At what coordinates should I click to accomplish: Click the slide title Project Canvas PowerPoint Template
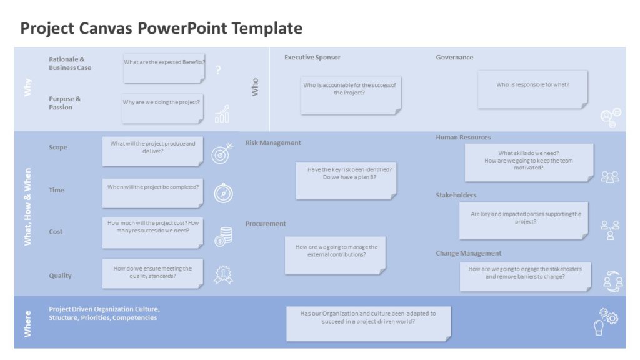(161, 28)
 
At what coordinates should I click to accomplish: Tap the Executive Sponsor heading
(312, 57)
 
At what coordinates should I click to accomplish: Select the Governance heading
(454, 57)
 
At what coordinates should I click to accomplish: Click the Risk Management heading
(273, 142)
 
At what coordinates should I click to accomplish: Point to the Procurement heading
(266, 224)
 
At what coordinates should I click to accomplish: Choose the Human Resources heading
(463, 137)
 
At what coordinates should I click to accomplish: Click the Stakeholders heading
(456, 196)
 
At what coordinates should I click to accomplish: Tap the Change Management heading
(468, 253)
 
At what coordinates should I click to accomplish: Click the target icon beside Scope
(222, 153)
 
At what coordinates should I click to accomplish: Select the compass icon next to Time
(223, 193)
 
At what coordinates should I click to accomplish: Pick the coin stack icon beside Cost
(223, 236)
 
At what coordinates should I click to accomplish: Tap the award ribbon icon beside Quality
(223, 275)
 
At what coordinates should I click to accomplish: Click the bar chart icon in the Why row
(222, 114)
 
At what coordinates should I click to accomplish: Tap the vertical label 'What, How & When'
(27, 206)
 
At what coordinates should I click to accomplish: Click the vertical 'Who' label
(255, 87)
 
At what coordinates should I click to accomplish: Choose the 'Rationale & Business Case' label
(70, 64)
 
